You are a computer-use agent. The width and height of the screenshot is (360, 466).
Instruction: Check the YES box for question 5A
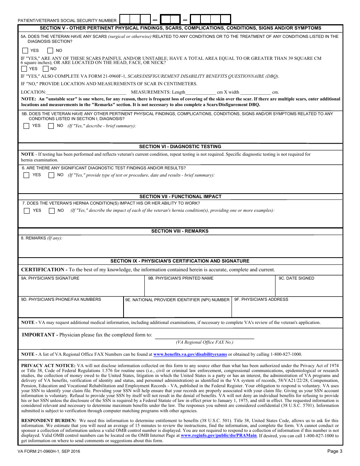(x=25, y=50)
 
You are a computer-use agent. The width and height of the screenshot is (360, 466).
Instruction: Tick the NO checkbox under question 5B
(x=51, y=126)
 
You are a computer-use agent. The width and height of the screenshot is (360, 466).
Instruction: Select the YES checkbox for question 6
(x=26, y=175)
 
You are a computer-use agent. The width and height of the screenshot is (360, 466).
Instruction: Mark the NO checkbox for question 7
(x=52, y=211)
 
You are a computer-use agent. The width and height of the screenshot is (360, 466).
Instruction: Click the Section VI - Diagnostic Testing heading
(x=180, y=147)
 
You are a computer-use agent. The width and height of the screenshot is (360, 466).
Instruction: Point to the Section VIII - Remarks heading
(x=180, y=231)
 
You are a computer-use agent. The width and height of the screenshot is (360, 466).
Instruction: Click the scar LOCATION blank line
(x=86, y=92)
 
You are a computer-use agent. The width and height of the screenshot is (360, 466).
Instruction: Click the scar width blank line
(x=255, y=92)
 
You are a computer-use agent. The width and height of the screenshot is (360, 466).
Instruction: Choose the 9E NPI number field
(x=177, y=309)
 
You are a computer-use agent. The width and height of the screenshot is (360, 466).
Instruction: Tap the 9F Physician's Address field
(x=287, y=309)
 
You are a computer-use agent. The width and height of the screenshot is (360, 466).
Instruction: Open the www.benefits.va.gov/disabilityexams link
(x=190, y=355)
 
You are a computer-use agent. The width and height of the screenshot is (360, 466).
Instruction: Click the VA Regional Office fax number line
(x=204, y=336)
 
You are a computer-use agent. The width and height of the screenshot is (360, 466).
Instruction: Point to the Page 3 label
(x=335, y=451)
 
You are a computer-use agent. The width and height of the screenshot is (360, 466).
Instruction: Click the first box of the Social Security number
(x=125, y=19)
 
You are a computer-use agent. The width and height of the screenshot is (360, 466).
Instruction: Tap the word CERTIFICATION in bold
(x=42, y=270)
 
